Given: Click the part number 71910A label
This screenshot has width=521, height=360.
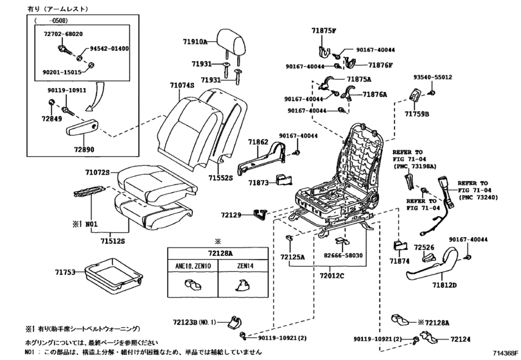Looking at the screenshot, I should coord(195,41).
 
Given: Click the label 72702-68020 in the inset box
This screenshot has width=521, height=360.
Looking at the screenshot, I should coord(62,33).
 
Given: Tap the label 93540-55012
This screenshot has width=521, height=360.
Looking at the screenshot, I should coord(432,78).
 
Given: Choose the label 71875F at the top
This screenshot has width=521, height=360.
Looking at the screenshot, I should coord(325,30).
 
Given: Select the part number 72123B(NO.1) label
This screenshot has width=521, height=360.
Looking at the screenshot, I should coord(195,321).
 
